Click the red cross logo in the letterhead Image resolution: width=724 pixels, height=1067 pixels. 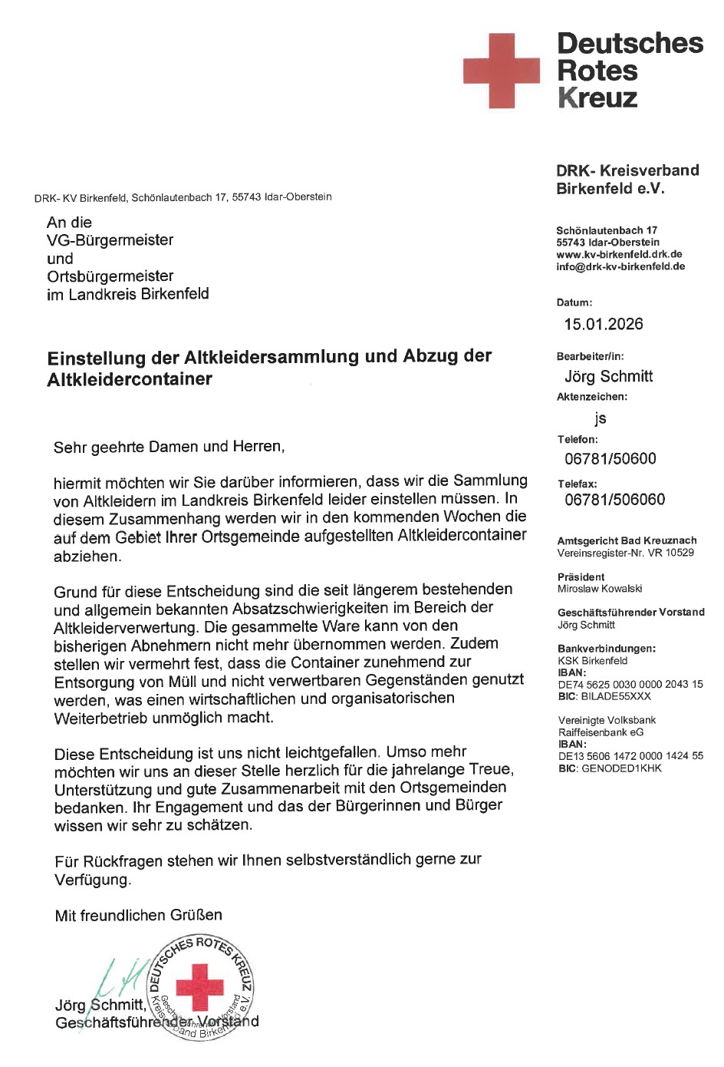501,71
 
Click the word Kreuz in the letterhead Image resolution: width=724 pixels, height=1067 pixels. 597,98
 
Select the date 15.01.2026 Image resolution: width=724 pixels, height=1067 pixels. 604,324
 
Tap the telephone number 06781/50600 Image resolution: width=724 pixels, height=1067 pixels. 610,459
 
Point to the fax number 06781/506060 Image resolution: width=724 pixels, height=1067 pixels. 615,500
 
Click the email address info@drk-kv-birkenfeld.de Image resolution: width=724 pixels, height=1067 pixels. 620,267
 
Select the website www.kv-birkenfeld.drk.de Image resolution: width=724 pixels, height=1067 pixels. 619,255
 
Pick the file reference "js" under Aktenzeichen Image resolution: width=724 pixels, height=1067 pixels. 600,418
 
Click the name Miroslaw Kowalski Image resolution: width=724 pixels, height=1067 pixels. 600,589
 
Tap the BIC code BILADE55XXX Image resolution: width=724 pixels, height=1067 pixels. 616,696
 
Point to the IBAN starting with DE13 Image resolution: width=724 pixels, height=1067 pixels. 630,756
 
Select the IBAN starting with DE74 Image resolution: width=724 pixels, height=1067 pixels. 630,684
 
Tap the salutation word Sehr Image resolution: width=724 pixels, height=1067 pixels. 70,448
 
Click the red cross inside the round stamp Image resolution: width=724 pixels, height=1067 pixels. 199,987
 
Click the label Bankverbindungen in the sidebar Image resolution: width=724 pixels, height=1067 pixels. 607,649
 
